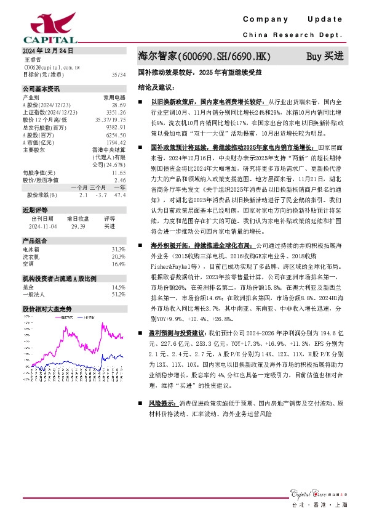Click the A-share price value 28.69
(x=118, y=105)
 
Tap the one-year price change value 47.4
(x=120, y=195)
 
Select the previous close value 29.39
(x=78, y=227)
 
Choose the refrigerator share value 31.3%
(x=118, y=249)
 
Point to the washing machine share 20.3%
(x=118, y=256)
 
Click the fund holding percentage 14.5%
(x=118, y=287)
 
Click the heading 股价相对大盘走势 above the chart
(x=47, y=308)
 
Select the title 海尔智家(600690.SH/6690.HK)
(x=204, y=57)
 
